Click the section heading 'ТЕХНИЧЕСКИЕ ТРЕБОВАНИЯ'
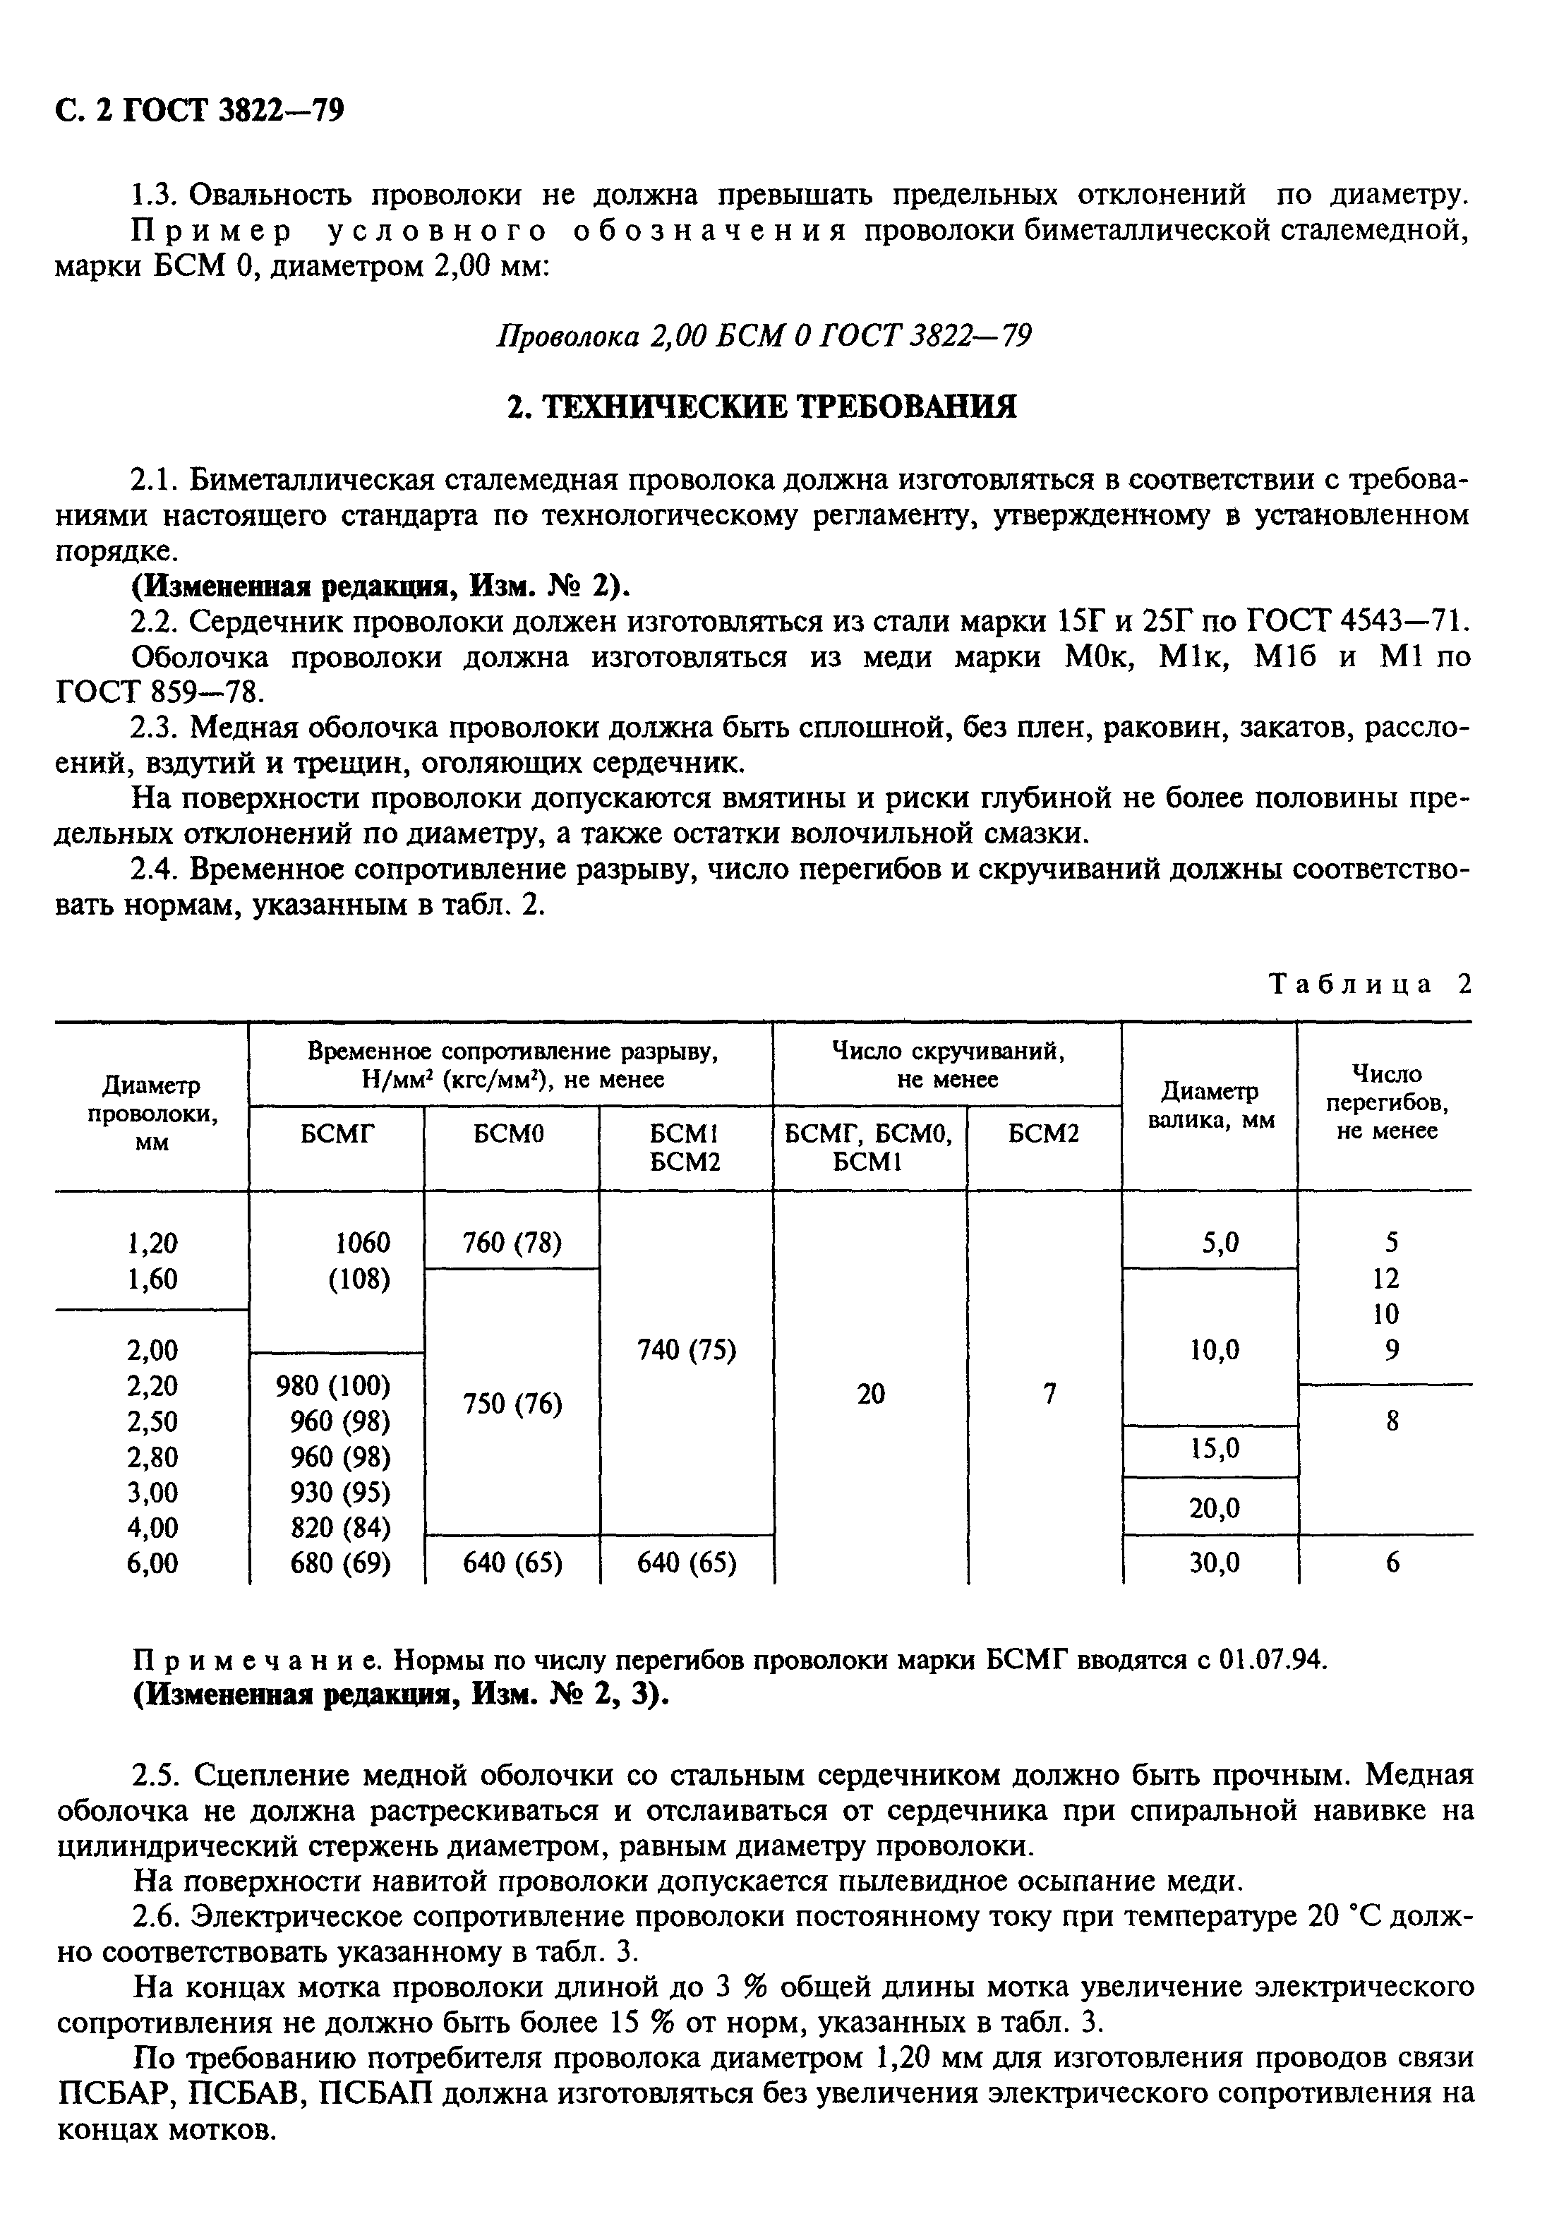pyautogui.click(x=762, y=406)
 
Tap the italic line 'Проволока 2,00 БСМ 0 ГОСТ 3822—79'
pyautogui.click(x=763, y=335)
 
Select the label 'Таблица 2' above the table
pyautogui.click(x=1370, y=984)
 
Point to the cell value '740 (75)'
pyautogui.click(x=686, y=1349)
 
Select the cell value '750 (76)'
pyautogui.click(x=512, y=1404)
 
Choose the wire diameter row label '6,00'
pyautogui.click(x=152, y=1562)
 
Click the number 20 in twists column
pyautogui.click(x=870, y=1394)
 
